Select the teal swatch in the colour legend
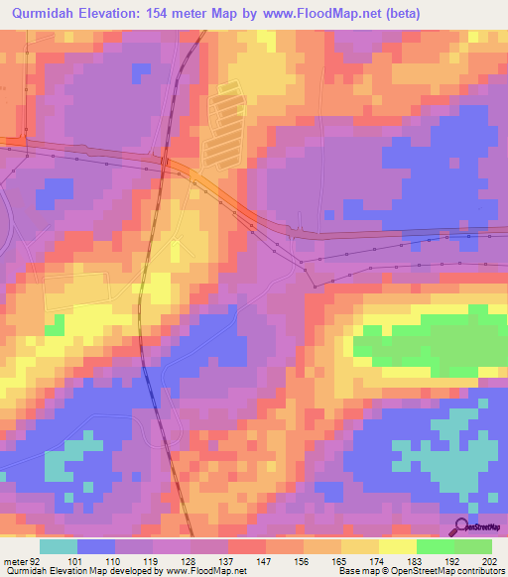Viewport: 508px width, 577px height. (58, 546)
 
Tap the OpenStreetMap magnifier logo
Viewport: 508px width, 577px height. (462, 526)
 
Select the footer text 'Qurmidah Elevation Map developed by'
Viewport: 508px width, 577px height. (83, 572)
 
